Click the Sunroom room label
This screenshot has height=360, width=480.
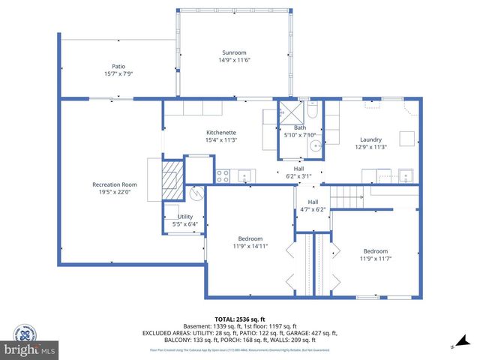pyautogui.click(x=235, y=52)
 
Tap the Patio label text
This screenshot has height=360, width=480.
pyautogui.click(x=118, y=66)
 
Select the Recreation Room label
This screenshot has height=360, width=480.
pyautogui.click(x=115, y=184)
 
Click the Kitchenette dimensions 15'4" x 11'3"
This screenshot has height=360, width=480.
pyautogui.click(x=221, y=139)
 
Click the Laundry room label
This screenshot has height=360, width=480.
pyautogui.click(x=370, y=139)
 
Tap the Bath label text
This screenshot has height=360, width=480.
pyautogui.click(x=300, y=127)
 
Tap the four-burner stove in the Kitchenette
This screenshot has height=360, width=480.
pyautogui.click(x=223, y=176)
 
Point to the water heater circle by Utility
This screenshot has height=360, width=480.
pyautogui.click(x=196, y=193)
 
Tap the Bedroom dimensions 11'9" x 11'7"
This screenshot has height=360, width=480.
pyautogui.click(x=376, y=259)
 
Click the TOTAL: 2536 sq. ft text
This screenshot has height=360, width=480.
pyautogui.click(x=239, y=319)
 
